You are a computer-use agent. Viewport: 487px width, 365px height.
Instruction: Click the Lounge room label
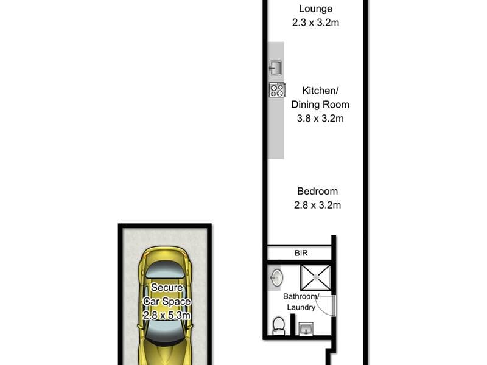(315, 9)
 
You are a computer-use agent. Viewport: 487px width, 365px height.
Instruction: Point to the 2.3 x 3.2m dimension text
(315, 23)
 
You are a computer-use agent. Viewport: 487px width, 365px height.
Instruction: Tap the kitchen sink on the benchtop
(275, 68)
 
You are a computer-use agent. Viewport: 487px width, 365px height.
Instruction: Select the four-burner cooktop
(277, 90)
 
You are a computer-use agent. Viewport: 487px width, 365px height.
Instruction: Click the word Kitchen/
(320, 91)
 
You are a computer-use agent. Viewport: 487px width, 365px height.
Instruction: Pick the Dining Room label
(320, 105)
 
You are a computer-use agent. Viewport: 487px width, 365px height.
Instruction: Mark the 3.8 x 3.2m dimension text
(320, 118)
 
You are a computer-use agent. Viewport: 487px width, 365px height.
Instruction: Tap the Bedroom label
(317, 191)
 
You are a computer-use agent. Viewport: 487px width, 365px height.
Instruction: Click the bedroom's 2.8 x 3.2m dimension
(317, 205)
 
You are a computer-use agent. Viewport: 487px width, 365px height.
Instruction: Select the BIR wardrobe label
(301, 253)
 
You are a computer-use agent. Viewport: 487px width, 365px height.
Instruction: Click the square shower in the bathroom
(316, 277)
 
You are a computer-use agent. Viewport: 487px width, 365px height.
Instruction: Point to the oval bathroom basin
(277, 277)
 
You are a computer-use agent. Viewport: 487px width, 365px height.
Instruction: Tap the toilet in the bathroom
(279, 325)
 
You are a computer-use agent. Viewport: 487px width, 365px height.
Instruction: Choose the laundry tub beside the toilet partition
(306, 329)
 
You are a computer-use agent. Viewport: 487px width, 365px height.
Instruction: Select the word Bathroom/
(301, 296)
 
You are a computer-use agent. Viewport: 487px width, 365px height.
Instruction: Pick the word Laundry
(301, 307)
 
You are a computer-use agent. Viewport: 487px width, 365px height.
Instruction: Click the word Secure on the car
(167, 287)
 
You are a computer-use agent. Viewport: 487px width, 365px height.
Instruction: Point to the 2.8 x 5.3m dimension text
(167, 315)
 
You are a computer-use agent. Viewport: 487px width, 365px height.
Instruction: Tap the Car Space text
(167, 301)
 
